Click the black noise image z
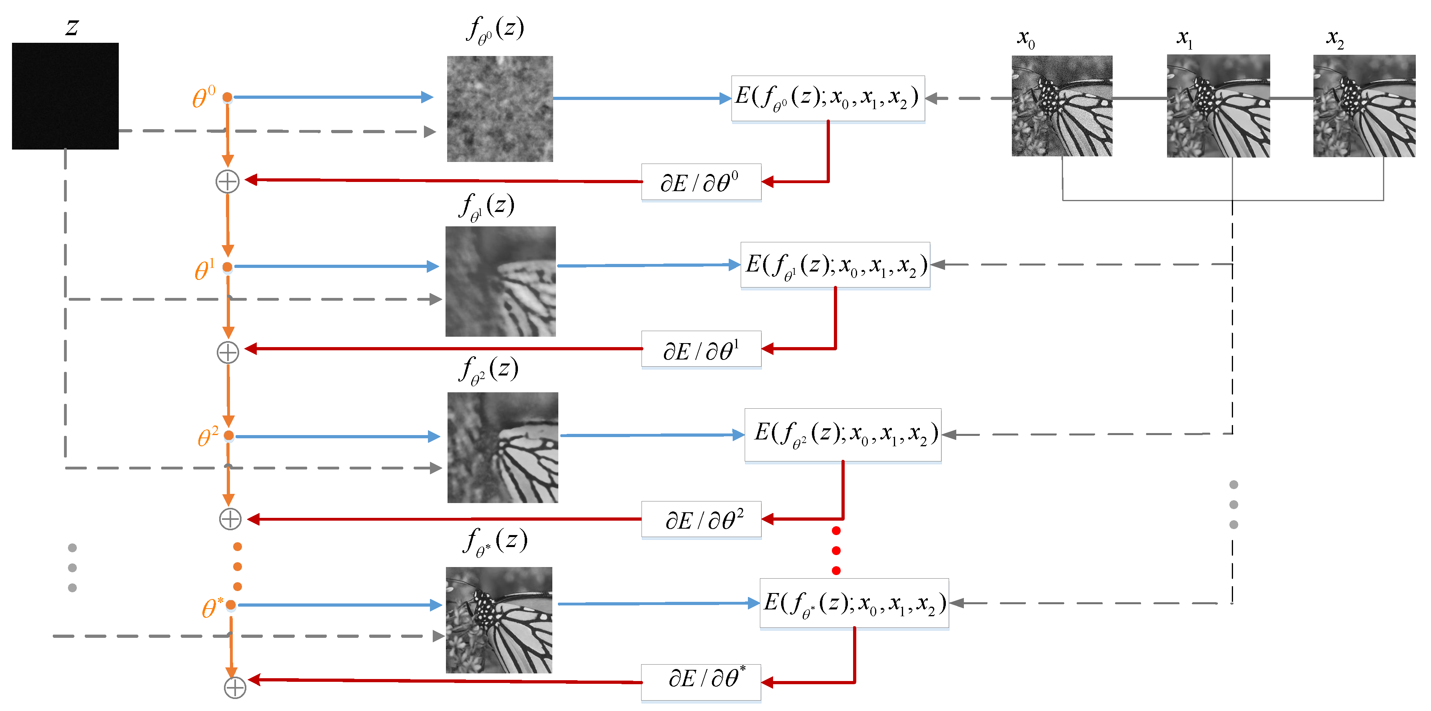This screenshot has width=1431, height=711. point(65,96)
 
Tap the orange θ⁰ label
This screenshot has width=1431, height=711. point(203,97)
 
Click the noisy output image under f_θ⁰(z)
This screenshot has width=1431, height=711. point(500,109)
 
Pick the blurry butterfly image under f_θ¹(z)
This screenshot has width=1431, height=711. point(500,281)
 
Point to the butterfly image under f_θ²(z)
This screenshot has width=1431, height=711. point(503,448)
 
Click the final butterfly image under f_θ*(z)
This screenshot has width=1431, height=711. point(499,620)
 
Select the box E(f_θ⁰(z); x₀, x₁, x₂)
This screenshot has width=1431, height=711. point(828,98)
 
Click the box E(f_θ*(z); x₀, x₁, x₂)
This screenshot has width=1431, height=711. point(854,603)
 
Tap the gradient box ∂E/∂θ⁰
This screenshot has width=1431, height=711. point(701,182)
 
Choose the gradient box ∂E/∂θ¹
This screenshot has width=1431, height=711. point(701,350)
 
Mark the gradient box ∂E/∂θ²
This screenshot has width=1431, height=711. point(701,519)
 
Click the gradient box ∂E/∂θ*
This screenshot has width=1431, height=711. point(701,682)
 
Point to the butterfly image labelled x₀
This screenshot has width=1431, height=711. point(1061,106)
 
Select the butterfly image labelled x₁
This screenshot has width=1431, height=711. point(1218,106)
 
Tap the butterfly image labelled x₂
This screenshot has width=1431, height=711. point(1364,106)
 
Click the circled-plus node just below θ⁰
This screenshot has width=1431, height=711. point(227,182)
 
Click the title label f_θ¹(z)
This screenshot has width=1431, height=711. point(487,207)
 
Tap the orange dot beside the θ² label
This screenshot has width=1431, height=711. point(229,435)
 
